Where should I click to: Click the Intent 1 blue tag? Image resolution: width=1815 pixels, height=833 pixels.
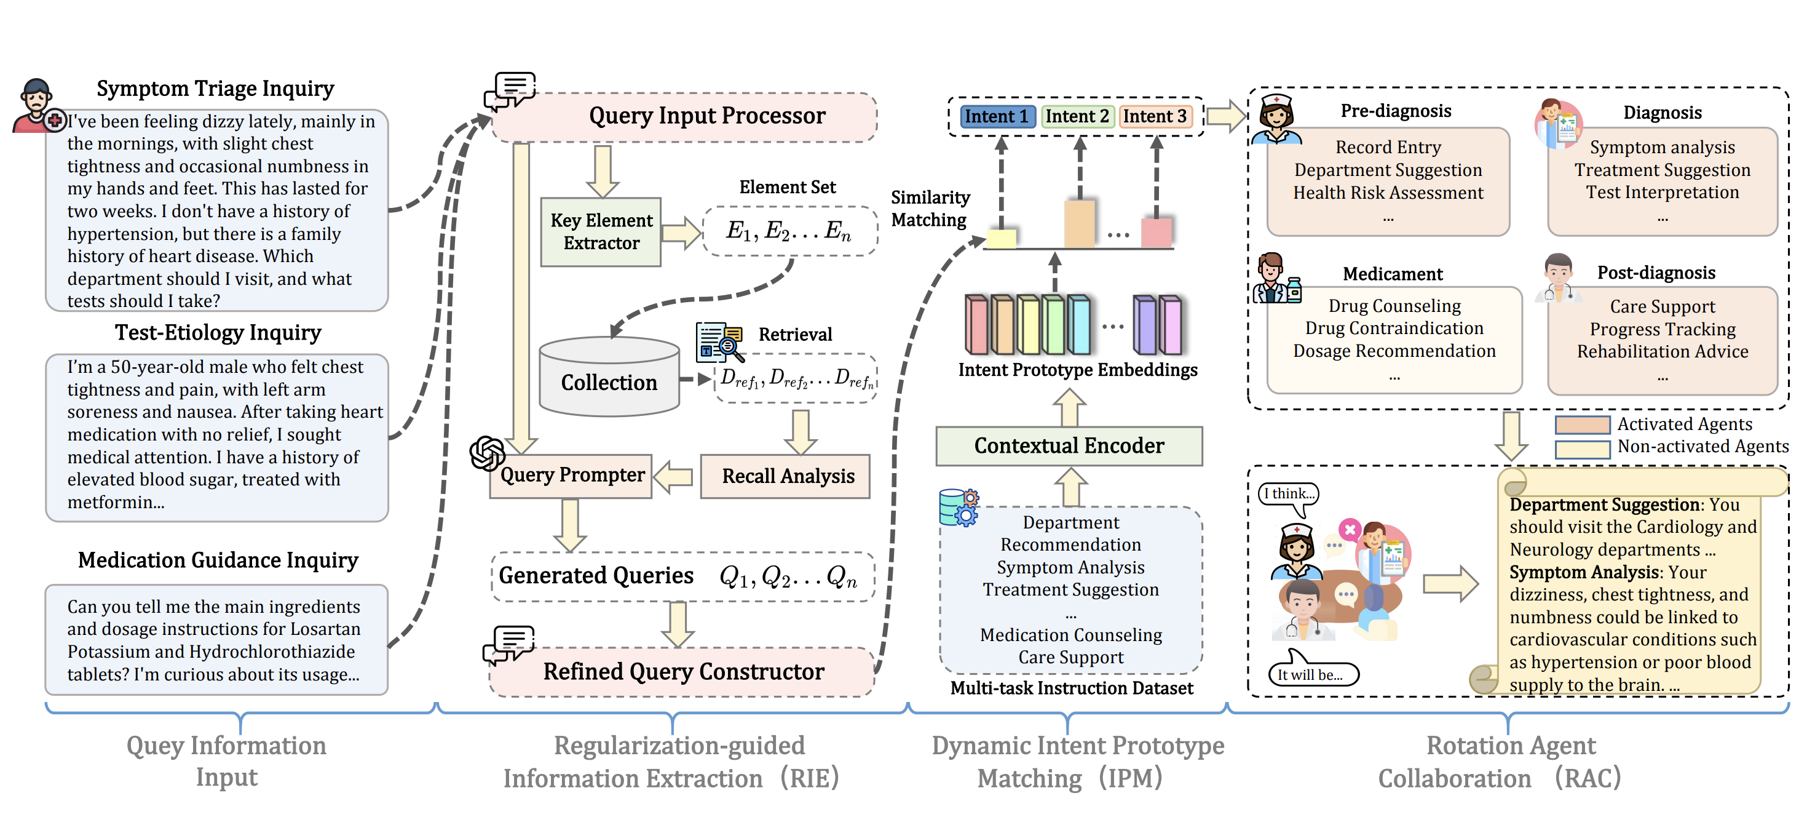click(x=996, y=116)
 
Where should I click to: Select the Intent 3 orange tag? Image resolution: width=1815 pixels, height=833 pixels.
click(x=1155, y=116)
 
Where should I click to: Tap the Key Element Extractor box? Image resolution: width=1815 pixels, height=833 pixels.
click(x=601, y=232)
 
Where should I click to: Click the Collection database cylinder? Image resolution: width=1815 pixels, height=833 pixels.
click(x=609, y=377)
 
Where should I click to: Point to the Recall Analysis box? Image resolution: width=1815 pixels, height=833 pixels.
click(x=786, y=476)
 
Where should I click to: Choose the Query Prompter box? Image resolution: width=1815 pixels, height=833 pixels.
click(x=571, y=476)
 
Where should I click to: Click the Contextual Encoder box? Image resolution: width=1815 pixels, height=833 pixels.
click(x=1068, y=446)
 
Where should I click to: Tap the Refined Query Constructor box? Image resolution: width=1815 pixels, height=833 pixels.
click(x=682, y=672)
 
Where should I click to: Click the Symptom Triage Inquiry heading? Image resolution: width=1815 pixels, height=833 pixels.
click(x=215, y=89)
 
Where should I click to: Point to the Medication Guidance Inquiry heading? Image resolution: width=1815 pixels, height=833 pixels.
click(x=218, y=560)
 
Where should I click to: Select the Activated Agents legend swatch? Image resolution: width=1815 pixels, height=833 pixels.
click(x=1582, y=425)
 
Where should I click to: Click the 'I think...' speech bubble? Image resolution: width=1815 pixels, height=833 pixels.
click(x=1289, y=494)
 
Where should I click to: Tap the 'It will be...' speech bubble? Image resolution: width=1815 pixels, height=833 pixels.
click(x=1311, y=674)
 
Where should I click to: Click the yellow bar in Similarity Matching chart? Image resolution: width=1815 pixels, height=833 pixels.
click(x=1001, y=237)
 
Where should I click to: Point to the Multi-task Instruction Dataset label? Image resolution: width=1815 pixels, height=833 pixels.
click(x=1071, y=688)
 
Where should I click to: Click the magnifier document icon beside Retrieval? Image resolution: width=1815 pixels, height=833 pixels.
click(x=719, y=342)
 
